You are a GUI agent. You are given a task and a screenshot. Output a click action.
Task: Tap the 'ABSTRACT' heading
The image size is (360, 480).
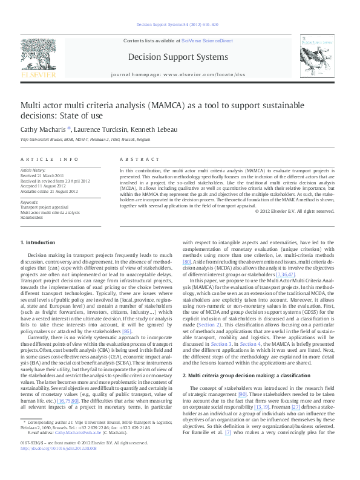(x=135, y=158)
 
